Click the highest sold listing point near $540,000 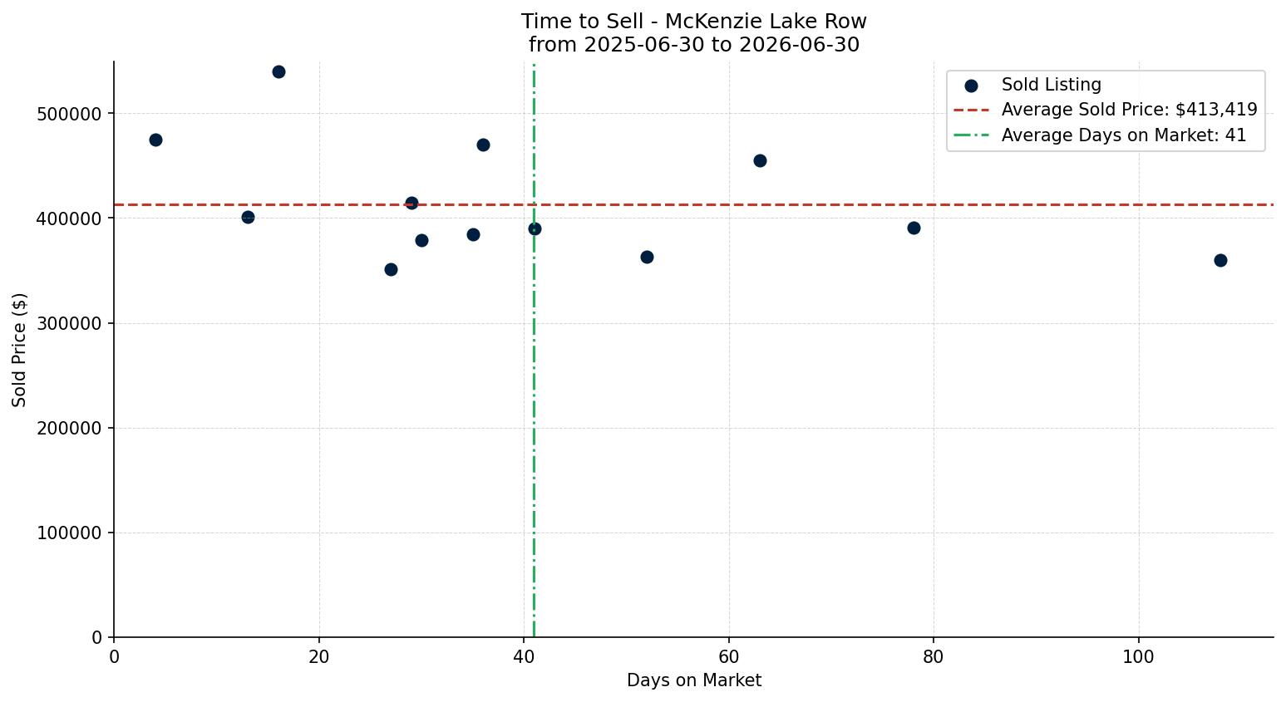pyautogui.click(x=278, y=71)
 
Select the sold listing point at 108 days pyautogui.click(x=1220, y=260)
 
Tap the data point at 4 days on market pyautogui.click(x=155, y=140)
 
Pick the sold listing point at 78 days pyautogui.click(x=914, y=228)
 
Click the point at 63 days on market pyautogui.click(x=760, y=160)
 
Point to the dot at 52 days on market pyautogui.click(x=647, y=257)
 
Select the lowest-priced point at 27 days pyautogui.click(x=391, y=269)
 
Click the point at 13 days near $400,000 pyautogui.click(x=248, y=218)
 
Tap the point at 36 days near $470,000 pyautogui.click(x=484, y=145)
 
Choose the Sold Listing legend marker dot pyautogui.click(x=971, y=86)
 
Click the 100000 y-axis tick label pyautogui.click(x=69, y=533)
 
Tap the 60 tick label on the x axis pyautogui.click(x=729, y=656)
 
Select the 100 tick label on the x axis pyautogui.click(x=1139, y=656)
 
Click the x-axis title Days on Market pyautogui.click(x=694, y=680)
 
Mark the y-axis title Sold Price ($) pyautogui.click(x=19, y=350)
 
